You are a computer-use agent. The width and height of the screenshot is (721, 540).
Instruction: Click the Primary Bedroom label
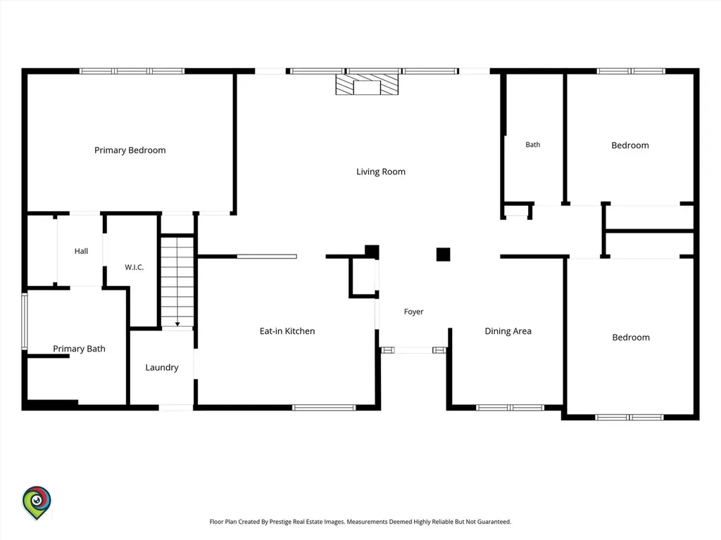coord(130,150)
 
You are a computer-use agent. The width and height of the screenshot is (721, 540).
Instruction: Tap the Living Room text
coord(381,172)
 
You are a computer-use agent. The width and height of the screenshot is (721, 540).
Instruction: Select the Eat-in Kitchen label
coord(287,331)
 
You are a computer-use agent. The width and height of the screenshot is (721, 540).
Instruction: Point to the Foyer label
coord(414,311)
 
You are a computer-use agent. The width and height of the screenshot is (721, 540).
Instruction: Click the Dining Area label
coord(508,331)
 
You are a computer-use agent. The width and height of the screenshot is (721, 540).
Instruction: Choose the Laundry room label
coord(162,367)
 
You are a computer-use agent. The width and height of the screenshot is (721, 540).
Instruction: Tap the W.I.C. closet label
coord(134,267)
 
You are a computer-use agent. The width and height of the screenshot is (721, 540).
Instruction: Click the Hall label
coord(82,251)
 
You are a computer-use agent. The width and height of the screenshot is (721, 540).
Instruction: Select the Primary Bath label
coord(79,349)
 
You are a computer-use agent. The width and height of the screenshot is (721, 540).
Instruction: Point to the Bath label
coord(533,145)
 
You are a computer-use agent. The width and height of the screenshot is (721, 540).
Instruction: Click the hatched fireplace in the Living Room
coord(367,85)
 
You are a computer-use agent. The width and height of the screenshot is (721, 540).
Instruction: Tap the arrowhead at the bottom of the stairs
coord(177,324)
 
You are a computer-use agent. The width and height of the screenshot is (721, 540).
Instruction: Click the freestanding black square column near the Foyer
coord(444,255)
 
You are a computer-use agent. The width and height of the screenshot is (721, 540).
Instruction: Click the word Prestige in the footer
coord(280,522)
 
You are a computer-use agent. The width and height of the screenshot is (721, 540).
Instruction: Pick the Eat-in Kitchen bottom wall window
coord(324,408)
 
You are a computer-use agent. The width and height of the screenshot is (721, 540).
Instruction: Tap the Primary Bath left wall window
coord(25,321)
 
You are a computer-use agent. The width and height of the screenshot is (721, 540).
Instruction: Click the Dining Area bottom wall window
coord(510,408)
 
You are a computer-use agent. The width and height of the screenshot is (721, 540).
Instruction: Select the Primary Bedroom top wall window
coord(132,71)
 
